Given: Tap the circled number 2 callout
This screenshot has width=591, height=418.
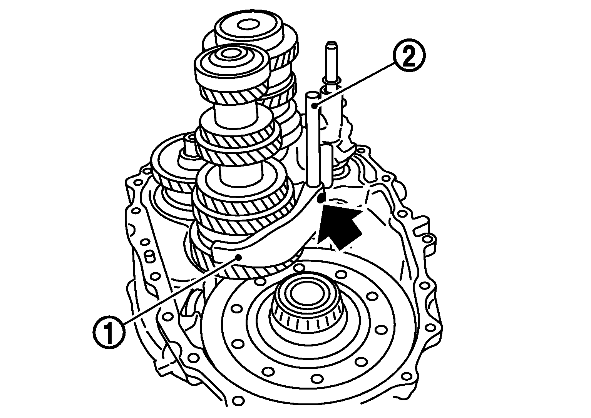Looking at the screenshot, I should tap(409, 58).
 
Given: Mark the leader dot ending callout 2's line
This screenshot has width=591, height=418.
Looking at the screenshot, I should tap(315, 106).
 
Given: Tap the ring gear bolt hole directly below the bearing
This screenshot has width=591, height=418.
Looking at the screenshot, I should tap(316, 379).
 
